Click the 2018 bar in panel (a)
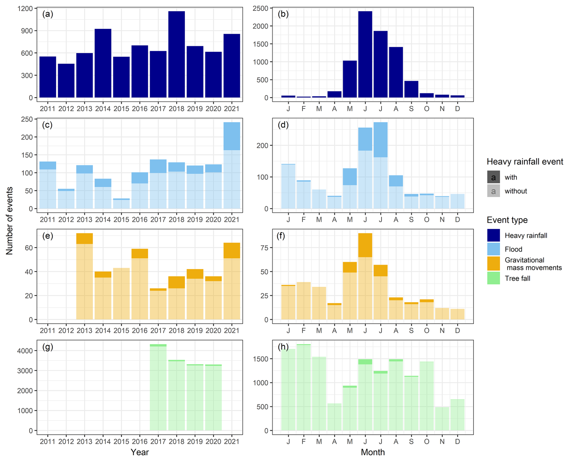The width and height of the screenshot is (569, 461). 177,54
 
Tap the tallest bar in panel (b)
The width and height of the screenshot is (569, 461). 365,54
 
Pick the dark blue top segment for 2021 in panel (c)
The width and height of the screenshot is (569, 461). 232,136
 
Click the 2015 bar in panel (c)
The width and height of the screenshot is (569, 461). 121,204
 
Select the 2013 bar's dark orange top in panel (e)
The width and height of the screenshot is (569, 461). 85,238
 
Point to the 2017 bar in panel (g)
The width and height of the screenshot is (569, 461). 158,387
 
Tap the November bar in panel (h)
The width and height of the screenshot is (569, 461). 442,419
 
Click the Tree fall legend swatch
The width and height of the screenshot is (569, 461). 494,278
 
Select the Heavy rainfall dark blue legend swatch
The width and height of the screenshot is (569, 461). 494,235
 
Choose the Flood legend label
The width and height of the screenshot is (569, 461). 513,249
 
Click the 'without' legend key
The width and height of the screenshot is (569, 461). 494,191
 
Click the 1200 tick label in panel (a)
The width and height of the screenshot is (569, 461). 25,9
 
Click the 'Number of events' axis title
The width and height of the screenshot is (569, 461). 10,221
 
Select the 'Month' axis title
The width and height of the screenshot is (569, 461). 373,452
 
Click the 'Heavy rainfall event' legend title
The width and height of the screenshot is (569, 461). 525,162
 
